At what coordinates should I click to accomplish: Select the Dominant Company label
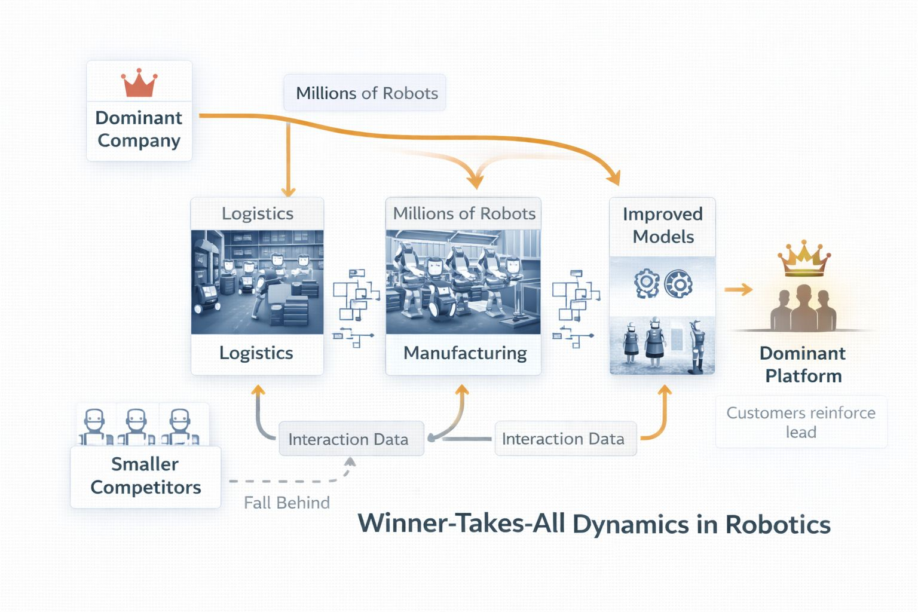click(x=139, y=129)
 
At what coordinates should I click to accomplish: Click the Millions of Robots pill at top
click(x=365, y=93)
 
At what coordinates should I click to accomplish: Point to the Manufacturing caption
click(x=465, y=353)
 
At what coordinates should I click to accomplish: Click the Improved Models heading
click(x=663, y=225)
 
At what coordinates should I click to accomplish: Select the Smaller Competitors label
click(x=145, y=476)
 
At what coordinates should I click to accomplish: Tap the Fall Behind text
click(x=287, y=503)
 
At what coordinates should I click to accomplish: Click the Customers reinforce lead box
click(x=801, y=422)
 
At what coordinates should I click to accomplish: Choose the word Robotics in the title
click(x=778, y=524)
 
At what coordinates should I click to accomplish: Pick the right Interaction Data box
click(x=565, y=439)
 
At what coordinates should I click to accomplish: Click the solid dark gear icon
click(x=678, y=283)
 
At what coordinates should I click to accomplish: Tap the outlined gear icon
click(x=647, y=283)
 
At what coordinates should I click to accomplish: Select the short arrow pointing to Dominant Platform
click(x=738, y=290)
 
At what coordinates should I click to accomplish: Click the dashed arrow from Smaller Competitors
click(x=292, y=478)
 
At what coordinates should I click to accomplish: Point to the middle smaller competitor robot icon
click(x=136, y=427)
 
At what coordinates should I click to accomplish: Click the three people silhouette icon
click(x=803, y=308)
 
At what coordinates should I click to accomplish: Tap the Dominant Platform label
click(x=803, y=365)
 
